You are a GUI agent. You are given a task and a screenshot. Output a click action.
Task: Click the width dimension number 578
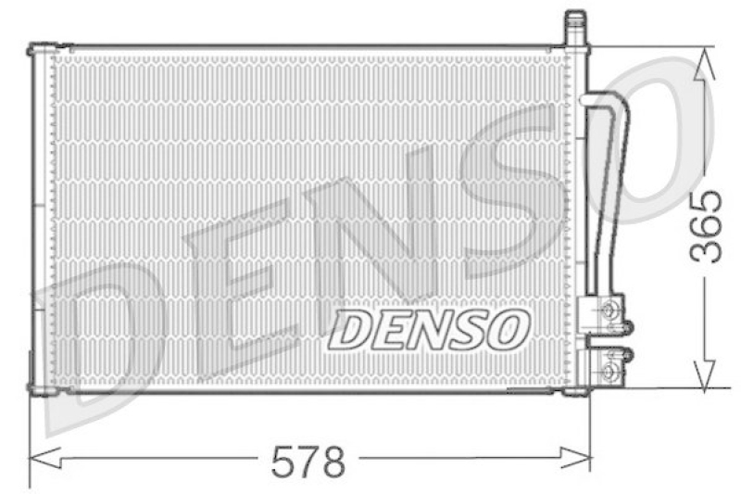tap(308, 461)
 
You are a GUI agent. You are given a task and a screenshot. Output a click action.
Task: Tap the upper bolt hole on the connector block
tap(609, 310)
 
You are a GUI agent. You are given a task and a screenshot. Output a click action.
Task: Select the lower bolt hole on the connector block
tap(609, 373)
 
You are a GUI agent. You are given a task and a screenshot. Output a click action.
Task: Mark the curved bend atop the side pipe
tap(606, 100)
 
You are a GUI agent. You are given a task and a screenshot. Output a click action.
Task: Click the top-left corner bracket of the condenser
tap(37, 49)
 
